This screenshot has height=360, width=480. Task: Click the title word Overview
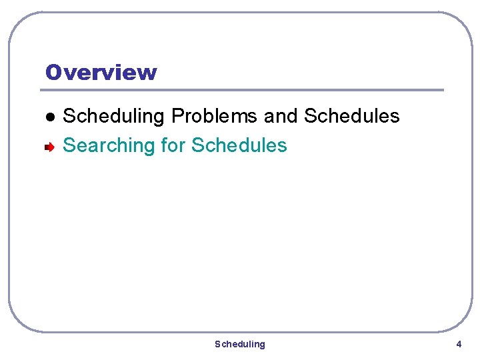(101, 72)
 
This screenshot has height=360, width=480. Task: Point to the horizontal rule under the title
(243, 90)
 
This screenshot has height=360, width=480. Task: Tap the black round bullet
(49, 117)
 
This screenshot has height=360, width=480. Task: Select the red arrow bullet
(49, 146)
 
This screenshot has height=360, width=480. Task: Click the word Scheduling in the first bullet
(113, 116)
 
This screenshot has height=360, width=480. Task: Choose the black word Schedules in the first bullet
(351, 116)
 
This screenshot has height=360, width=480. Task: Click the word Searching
(109, 145)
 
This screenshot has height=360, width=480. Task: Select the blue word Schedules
(239, 145)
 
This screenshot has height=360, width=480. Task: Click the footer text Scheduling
(239, 344)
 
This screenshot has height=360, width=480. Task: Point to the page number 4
(459, 344)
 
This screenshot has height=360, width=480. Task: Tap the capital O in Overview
(54, 72)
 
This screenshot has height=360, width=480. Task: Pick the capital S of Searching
(68, 145)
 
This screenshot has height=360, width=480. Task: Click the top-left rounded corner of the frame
(17, 21)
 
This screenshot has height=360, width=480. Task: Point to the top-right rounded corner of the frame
(463, 21)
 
